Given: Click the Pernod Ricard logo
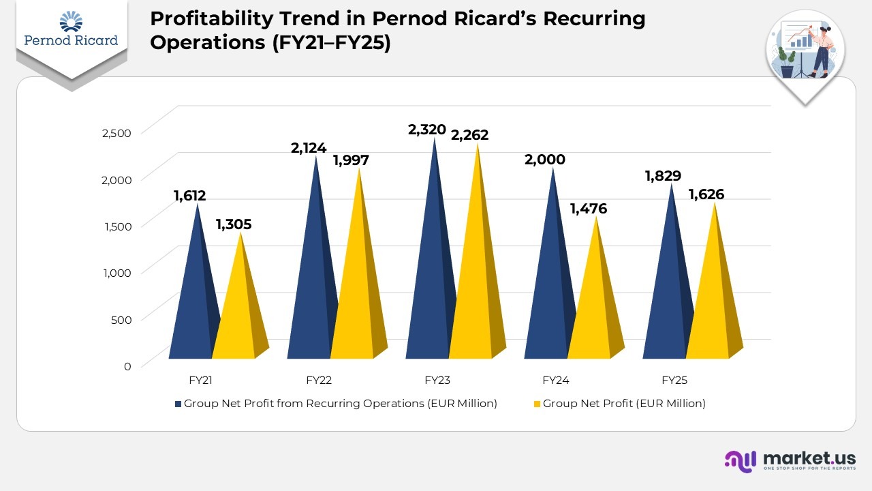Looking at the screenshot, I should coord(71,31).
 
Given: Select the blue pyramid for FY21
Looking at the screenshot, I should coord(193,300).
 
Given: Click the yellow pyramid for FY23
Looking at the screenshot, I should coord(474,286).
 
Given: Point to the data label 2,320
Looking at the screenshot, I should coord(426,130).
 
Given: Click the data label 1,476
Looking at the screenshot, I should coord(588,209).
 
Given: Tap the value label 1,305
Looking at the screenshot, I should coord(233,224).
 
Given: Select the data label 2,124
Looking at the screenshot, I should coord(309,147).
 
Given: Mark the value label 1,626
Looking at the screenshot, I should coord(706,195).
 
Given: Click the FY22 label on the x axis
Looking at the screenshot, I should coord(319,381).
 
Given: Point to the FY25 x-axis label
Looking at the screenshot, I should coord(674,381).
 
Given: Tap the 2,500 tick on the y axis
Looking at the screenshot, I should coord(116,133).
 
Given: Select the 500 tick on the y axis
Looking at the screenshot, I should coord(122,319).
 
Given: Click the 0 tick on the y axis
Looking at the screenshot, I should coord(127,366).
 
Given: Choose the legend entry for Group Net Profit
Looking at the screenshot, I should coord(623,404).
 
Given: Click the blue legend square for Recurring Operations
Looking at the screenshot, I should coord(178,404).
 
